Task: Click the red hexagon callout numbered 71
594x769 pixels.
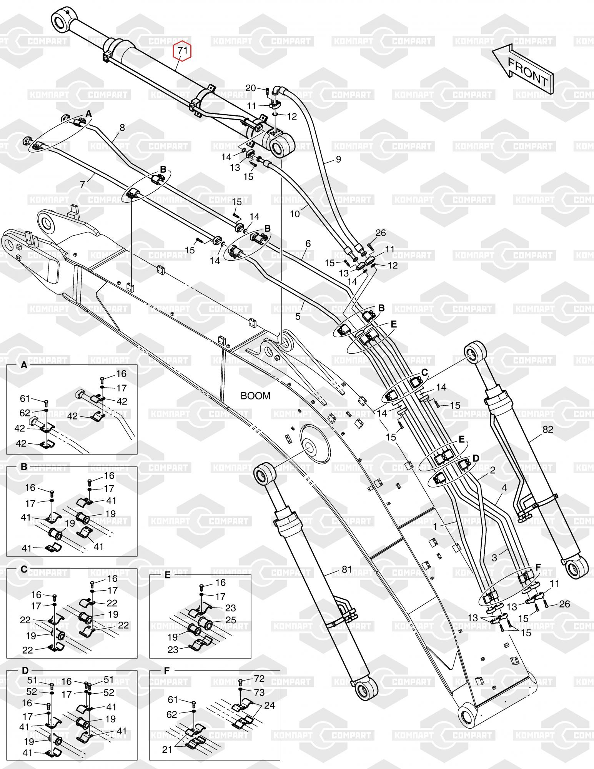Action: (183, 51)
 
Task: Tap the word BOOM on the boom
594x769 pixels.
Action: (255, 396)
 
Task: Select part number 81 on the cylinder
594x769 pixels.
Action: (347, 569)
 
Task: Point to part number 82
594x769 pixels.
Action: (547, 429)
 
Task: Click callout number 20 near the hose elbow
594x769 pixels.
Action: (251, 88)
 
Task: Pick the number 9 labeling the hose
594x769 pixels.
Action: (338, 159)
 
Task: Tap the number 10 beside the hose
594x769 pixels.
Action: (295, 214)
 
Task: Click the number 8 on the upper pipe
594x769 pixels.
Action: (122, 128)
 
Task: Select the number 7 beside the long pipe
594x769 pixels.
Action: (83, 184)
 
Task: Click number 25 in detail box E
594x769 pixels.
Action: (231, 620)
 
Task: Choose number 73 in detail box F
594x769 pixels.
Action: (260, 692)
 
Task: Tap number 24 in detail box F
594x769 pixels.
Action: (270, 705)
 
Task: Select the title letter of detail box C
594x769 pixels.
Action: (24, 569)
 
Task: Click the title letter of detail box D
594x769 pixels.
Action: (25, 671)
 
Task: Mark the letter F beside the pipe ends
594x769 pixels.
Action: (538, 567)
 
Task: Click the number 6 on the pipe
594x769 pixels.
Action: (308, 243)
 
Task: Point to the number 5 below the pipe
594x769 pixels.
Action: (298, 316)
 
